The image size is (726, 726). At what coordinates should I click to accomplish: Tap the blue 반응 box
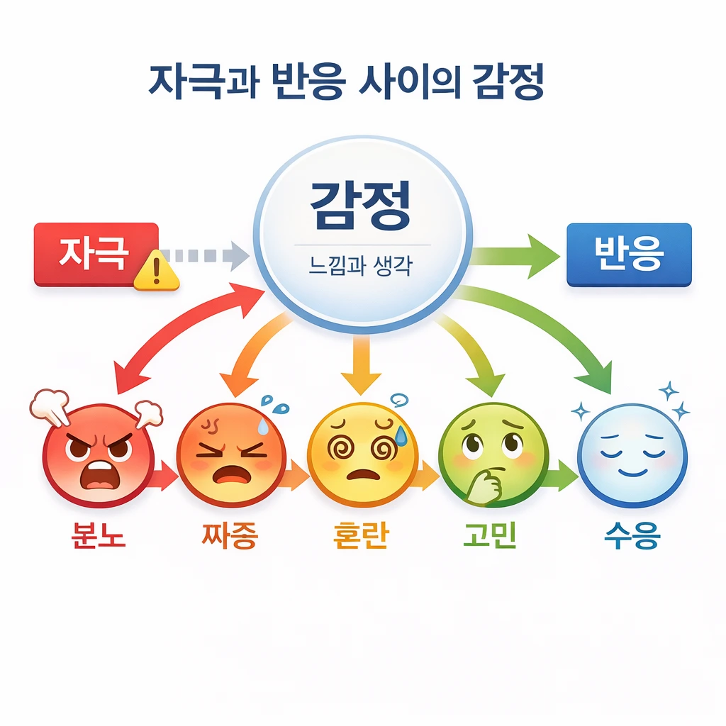pos(629,255)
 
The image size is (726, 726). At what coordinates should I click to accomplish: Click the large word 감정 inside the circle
pos(361,206)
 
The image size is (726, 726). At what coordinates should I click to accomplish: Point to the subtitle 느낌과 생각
pos(361,267)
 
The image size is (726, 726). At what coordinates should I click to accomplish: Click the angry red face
pos(98,454)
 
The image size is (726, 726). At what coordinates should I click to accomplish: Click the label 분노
pos(98,536)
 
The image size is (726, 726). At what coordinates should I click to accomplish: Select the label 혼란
pos(361,536)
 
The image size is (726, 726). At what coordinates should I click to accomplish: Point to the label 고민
pos(489,536)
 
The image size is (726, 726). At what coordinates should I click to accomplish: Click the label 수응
pos(632,536)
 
